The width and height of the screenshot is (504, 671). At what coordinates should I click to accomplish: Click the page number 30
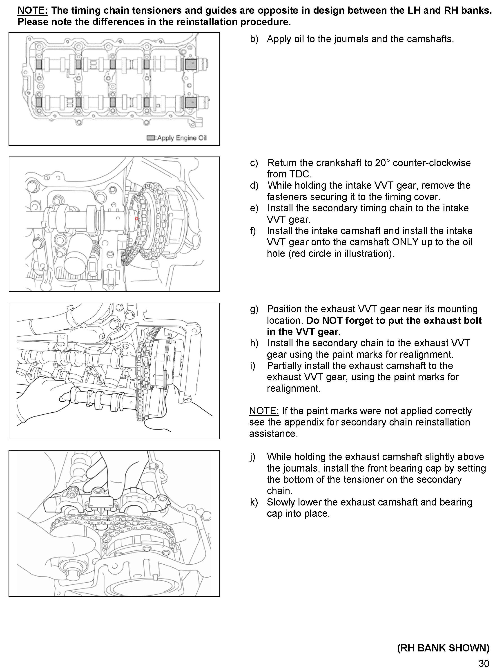484,663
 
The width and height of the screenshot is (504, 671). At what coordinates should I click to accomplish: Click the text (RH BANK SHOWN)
443,648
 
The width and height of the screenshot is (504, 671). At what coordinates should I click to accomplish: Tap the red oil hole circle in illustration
136,218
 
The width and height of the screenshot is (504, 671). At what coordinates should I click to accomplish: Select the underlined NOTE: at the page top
33,11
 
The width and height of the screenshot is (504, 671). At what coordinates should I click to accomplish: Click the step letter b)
254,39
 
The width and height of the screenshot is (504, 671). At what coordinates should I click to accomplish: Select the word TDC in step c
300,174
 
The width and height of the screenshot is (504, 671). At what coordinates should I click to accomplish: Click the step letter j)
253,457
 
